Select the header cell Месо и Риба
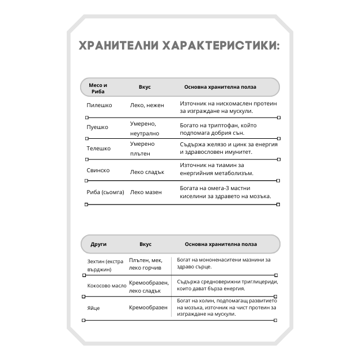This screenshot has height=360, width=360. (x=98, y=88)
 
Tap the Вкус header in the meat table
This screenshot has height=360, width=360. (x=145, y=87)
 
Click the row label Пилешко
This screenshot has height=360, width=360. (x=99, y=105)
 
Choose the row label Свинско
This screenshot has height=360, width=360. (x=98, y=170)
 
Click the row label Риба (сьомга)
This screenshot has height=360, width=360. (x=105, y=192)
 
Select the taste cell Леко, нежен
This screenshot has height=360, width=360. (x=147, y=105)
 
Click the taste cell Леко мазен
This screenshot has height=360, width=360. (x=146, y=192)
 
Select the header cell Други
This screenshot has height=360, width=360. (x=98, y=244)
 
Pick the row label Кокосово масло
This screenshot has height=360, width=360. (x=107, y=286)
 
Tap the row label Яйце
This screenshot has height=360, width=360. (x=94, y=308)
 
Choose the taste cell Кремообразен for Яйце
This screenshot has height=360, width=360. (x=148, y=308)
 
